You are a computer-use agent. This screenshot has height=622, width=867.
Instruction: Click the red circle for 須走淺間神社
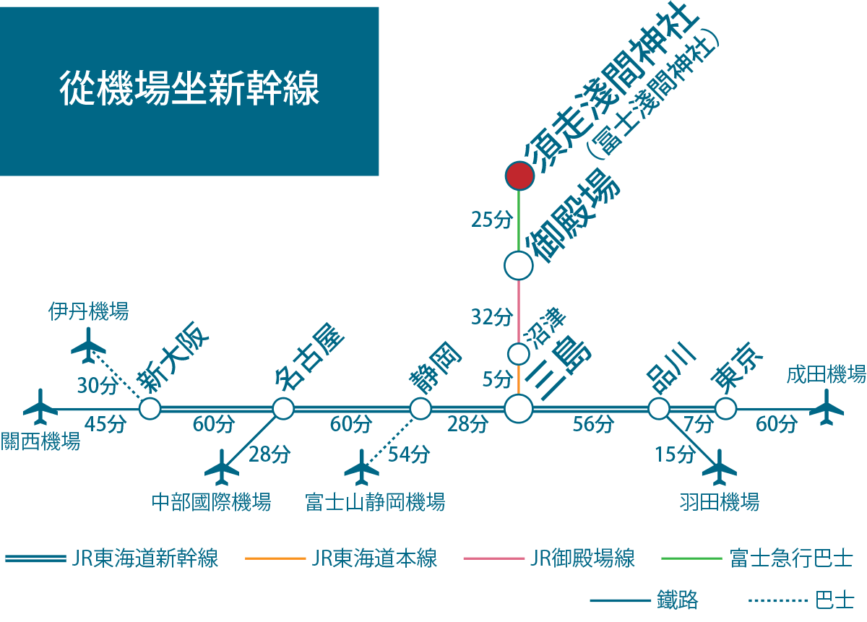click(x=519, y=174)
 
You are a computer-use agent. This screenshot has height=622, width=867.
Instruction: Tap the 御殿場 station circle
click(x=518, y=265)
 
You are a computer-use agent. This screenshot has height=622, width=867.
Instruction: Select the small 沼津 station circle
click(x=519, y=354)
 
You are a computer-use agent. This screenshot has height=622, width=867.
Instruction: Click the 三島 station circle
click(x=518, y=409)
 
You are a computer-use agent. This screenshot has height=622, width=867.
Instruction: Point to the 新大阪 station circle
click(x=150, y=409)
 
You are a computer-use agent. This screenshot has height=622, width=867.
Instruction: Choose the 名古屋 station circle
click(x=283, y=409)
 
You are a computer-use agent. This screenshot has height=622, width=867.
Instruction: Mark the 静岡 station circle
click(x=420, y=409)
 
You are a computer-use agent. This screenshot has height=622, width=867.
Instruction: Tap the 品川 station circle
click(x=658, y=409)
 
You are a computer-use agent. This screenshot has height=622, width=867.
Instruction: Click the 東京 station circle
click(x=725, y=409)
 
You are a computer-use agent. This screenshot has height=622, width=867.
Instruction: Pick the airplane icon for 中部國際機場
click(x=222, y=468)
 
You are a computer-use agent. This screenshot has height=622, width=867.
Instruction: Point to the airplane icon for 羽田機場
click(x=719, y=467)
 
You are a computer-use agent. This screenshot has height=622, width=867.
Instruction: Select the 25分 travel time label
click(x=491, y=220)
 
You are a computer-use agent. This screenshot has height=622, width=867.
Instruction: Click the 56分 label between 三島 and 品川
click(x=593, y=425)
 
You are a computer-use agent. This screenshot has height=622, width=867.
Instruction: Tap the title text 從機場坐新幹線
click(x=189, y=90)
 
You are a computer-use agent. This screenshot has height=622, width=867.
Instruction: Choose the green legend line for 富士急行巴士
click(x=691, y=558)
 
